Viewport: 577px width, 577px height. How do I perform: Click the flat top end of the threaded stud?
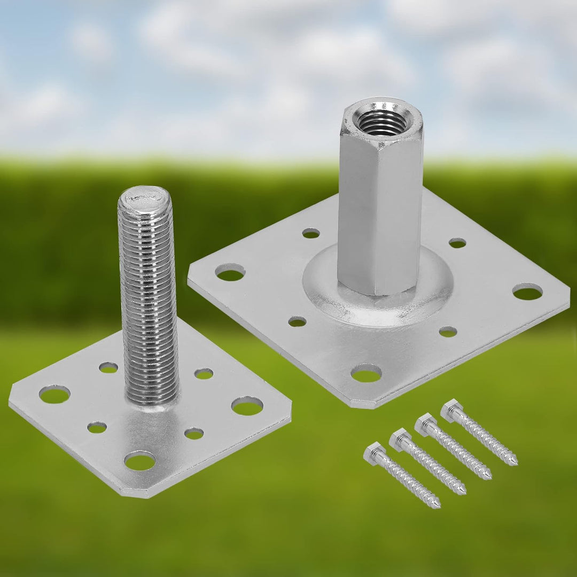click(x=145, y=198)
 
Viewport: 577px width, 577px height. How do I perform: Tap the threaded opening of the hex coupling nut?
click(x=381, y=122)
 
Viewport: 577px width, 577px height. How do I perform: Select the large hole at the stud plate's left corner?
click(x=54, y=395)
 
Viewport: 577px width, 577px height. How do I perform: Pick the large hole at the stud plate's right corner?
click(x=247, y=406)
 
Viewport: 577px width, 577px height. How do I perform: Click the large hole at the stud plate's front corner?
click(x=140, y=460)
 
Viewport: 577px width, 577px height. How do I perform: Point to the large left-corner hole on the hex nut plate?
click(x=230, y=272)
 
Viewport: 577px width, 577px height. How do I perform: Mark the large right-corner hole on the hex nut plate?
click(x=527, y=291)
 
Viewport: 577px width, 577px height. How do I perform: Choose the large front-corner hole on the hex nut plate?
click(x=366, y=373)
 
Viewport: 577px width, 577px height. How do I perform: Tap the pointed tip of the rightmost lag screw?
click(x=514, y=462)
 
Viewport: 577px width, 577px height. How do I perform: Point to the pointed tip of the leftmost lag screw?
click(x=437, y=505)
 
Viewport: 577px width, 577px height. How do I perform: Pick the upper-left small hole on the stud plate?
click(x=108, y=367)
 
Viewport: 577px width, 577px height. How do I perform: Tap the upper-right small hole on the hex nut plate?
click(x=457, y=243)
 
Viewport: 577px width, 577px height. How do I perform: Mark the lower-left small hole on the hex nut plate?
click(x=298, y=321)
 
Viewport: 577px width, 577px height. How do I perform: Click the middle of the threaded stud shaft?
click(x=149, y=299)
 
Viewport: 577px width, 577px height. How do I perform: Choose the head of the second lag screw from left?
click(x=399, y=438)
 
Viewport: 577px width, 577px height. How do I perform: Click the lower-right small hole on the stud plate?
click(x=194, y=433)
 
